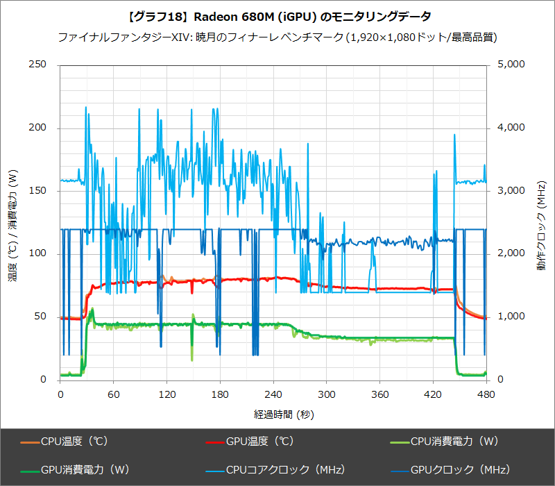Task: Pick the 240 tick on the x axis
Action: (x=273, y=394)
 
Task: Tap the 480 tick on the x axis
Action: (x=486, y=394)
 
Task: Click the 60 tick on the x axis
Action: (x=114, y=394)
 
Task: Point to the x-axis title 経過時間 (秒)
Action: (x=273, y=414)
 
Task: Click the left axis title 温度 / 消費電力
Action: (x=12, y=222)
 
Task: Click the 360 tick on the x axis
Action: (x=379, y=394)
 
